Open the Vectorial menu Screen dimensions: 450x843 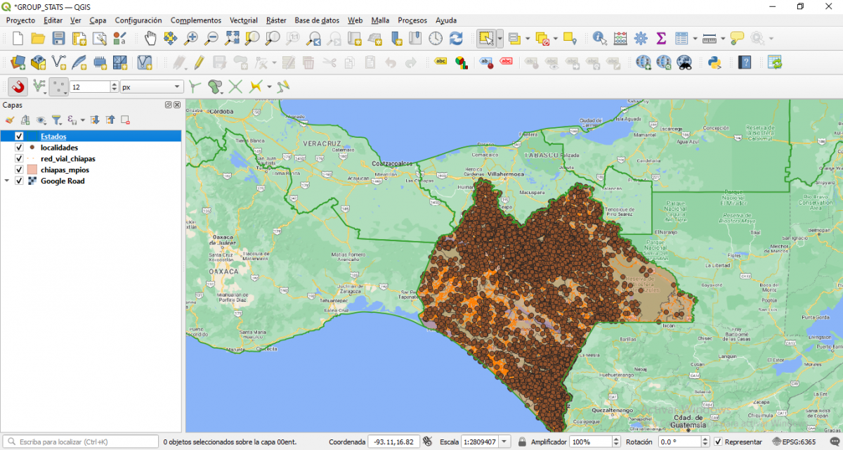[x=243, y=20]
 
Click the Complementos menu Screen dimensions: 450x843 [x=195, y=20]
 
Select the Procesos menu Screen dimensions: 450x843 [x=412, y=20]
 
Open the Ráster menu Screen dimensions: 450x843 [x=276, y=20]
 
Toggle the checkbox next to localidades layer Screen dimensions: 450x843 [x=20, y=148]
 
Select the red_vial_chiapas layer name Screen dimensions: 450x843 [x=67, y=159]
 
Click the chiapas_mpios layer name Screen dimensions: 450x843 [x=65, y=170]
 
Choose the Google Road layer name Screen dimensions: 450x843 [x=63, y=181]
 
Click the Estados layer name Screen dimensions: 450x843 [x=53, y=136]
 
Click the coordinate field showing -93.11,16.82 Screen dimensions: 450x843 [x=393, y=442]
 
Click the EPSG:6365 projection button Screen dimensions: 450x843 [x=794, y=442]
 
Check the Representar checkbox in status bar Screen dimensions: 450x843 [x=718, y=442]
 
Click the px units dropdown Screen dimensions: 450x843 [x=152, y=87]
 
